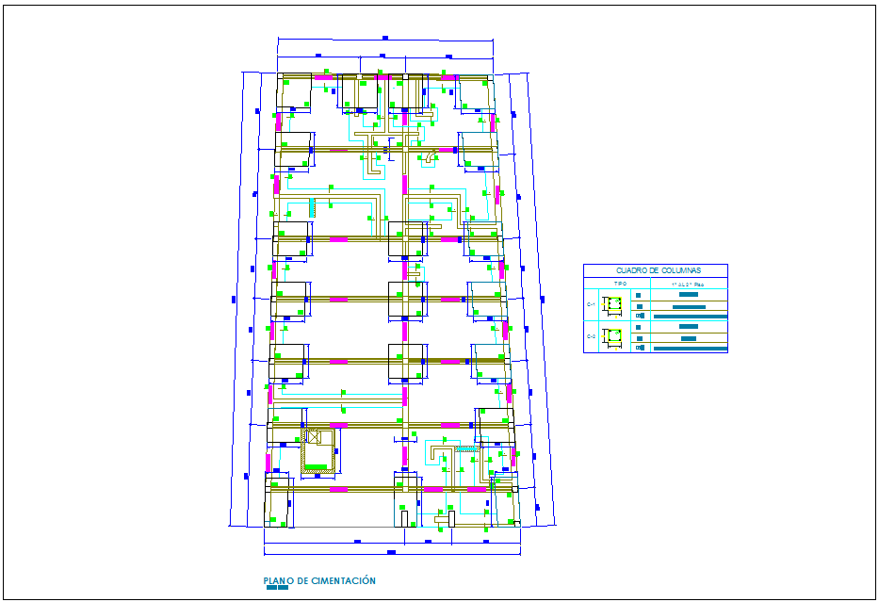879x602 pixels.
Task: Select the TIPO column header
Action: coord(620,283)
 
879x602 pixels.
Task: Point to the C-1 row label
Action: coord(592,305)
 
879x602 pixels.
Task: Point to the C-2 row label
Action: coord(592,336)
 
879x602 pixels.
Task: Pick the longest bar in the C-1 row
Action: coord(690,317)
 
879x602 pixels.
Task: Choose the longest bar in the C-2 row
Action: coord(690,349)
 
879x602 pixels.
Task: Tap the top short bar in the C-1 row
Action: coord(688,296)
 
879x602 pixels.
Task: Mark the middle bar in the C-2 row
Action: coord(688,338)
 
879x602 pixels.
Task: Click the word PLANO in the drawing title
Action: coord(278,581)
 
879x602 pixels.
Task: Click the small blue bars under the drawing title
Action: coord(277,589)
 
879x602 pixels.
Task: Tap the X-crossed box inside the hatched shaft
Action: coord(314,436)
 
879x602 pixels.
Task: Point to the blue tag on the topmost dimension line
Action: coord(384,38)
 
